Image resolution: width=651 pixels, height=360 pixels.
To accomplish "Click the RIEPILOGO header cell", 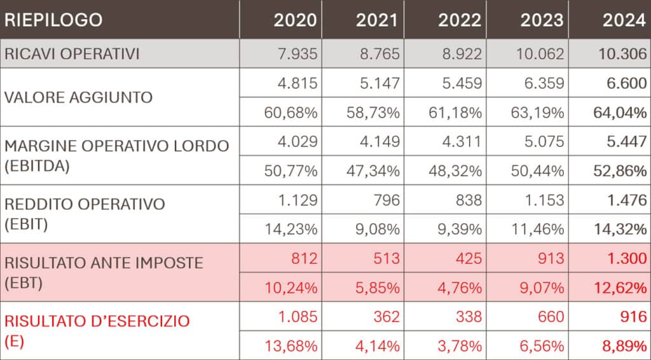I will [x=53, y=20].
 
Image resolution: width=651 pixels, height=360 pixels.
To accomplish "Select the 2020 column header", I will [x=295, y=20].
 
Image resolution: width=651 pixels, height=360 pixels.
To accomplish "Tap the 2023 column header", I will [x=542, y=20].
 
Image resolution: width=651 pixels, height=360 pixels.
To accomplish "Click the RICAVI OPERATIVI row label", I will [x=72, y=54].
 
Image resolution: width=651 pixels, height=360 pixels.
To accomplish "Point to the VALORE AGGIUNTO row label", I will [x=79, y=97].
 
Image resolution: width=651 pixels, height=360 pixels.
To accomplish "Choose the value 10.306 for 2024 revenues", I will [x=622, y=54].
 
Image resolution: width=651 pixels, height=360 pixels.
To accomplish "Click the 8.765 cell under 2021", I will [x=378, y=54].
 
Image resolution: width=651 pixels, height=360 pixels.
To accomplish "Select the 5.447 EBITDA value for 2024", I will [x=626, y=142].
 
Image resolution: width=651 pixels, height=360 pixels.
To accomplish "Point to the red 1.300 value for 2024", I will [x=626, y=259].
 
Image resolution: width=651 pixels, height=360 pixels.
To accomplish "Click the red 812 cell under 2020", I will [x=304, y=259].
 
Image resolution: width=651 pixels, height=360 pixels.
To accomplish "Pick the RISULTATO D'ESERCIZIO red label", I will [x=97, y=321].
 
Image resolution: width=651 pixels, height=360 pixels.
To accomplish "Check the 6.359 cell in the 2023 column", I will [x=542, y=83].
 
